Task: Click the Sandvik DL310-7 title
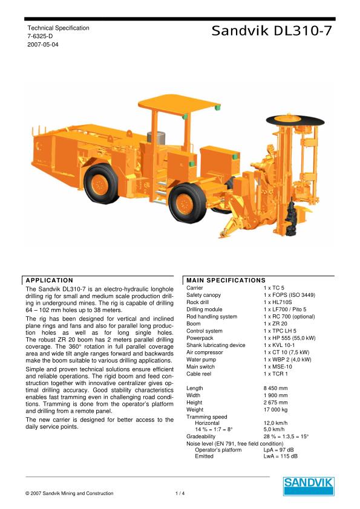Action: tap(272, 31)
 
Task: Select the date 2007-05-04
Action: tap(43, 45)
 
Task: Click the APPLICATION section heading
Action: tap(50, 280)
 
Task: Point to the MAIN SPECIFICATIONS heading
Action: tap(226, 280)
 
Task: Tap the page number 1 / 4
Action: tap(180, 494)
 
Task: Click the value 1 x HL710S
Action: tap(278, 302)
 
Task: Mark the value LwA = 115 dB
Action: tap(281, 456)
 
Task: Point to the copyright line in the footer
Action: tap(70, 494)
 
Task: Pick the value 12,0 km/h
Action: tap(276, 423)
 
